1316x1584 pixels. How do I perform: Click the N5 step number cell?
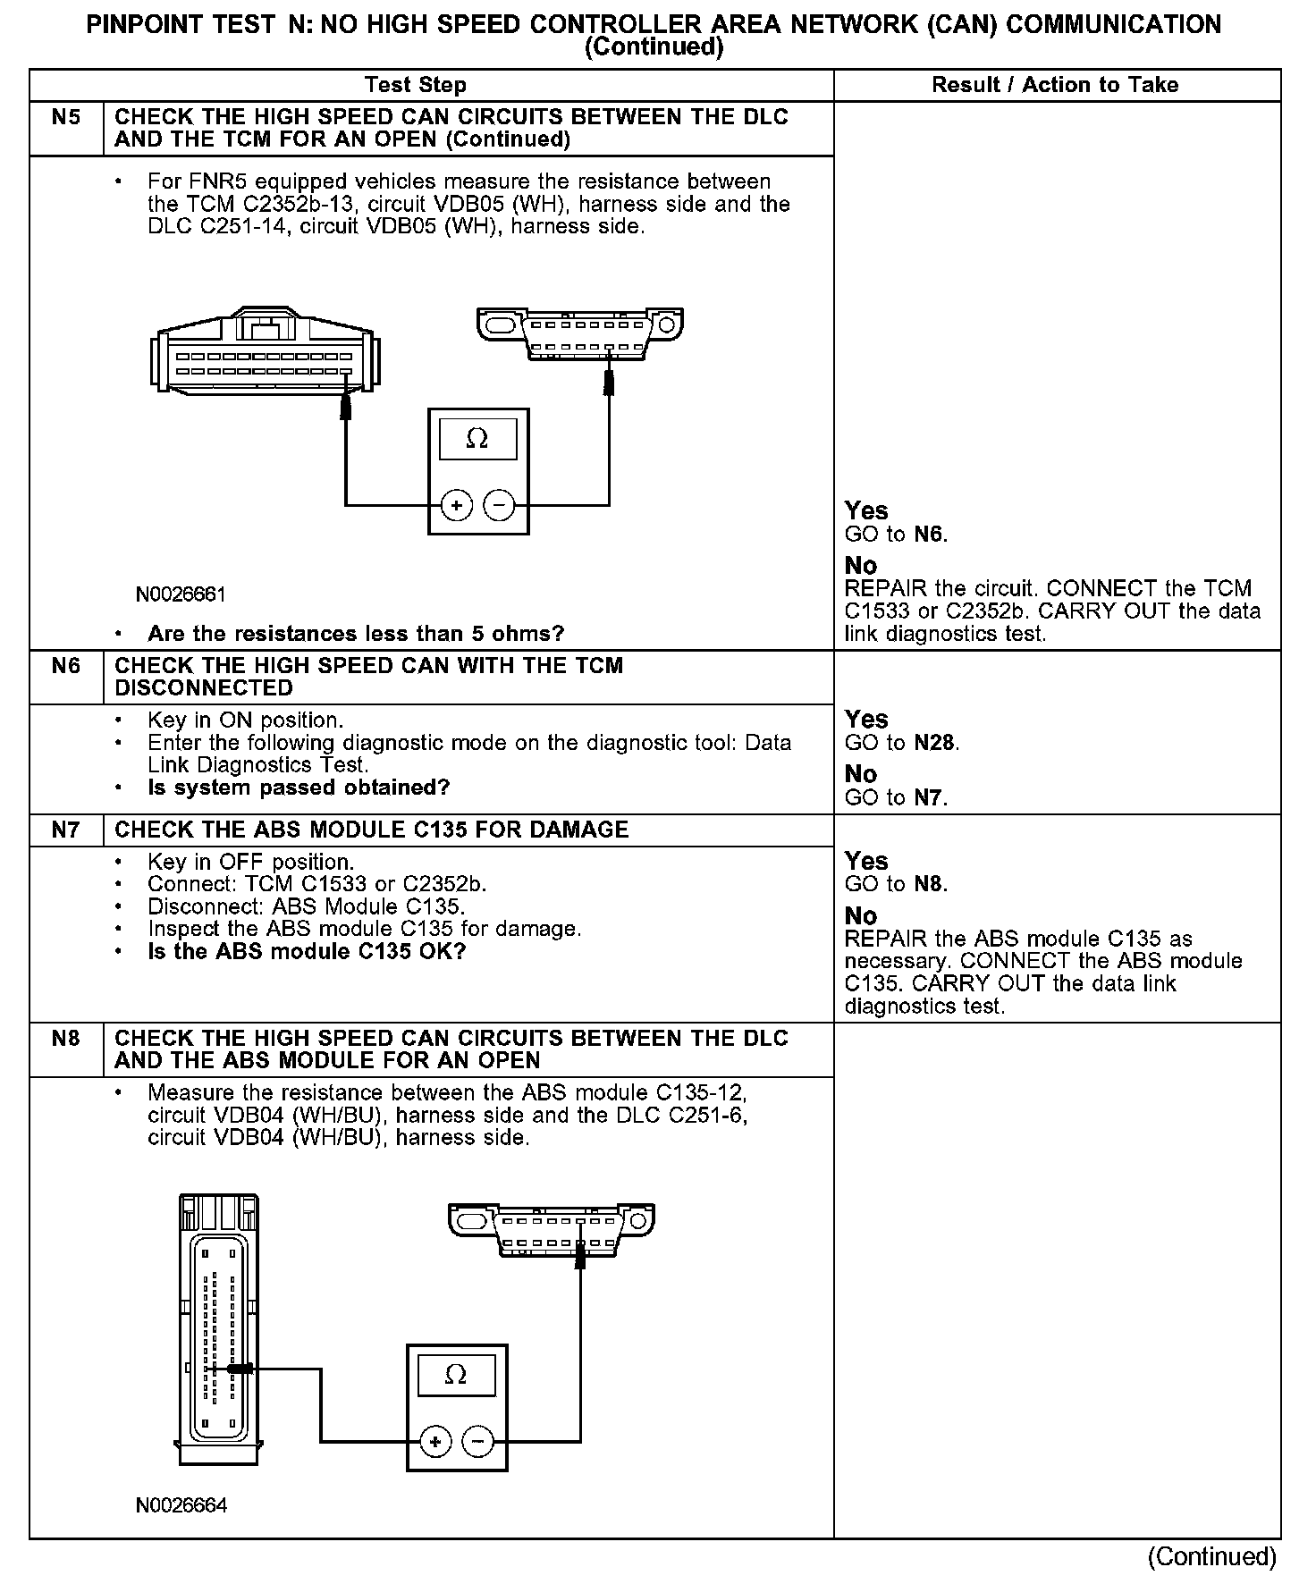[66, 118]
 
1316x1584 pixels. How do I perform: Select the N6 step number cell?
[66, 667]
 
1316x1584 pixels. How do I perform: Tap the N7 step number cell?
[66, 830]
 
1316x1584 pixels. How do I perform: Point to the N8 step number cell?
[66, 1039]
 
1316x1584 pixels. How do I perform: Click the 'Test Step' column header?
[416, 86]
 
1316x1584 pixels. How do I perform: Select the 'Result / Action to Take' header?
[1055, 86]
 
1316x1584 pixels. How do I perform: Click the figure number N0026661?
[181, 595]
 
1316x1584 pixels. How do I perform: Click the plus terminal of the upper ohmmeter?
[457, 506]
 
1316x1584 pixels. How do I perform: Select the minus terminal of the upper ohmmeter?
[499, 506]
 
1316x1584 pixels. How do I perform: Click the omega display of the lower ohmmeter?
[456, 1375]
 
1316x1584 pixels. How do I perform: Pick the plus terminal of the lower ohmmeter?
[435, 1442]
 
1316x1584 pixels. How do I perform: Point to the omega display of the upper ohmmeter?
[477, 439]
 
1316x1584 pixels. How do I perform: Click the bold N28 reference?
[935, 744]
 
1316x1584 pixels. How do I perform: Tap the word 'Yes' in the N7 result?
[866, 862]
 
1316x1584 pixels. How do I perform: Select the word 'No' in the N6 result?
[861, 774]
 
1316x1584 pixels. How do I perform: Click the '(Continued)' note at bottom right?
[1212, 1556]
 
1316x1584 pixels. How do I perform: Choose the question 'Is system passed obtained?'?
[299, 788]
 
